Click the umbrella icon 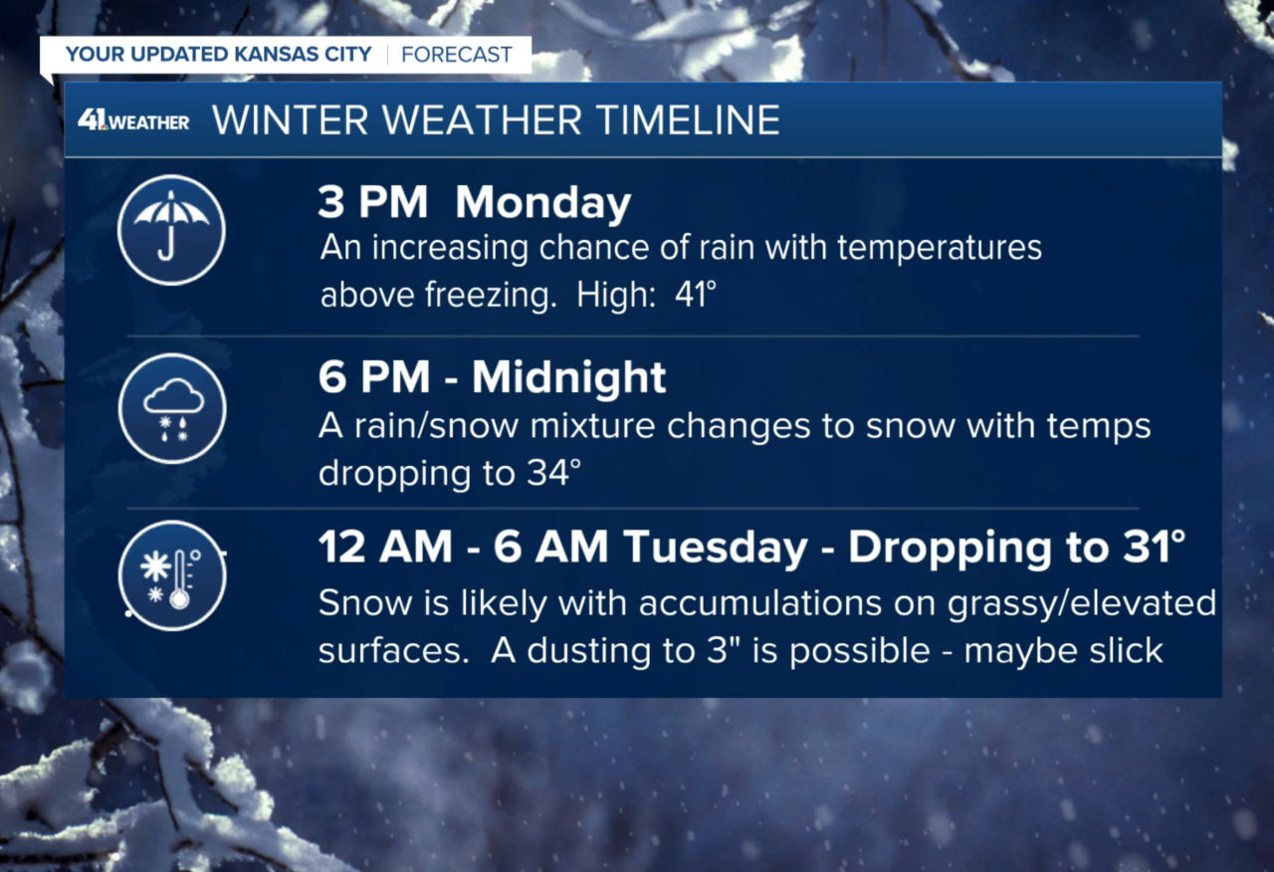[x=171, y=230]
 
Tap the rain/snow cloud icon [x=171, y=408]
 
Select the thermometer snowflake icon [x=171, y=576]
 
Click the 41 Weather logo [x=133, y=121]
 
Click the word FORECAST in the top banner [x=457, y=54]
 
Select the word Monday [x=542, y=204]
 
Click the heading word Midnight [x=568, y=378]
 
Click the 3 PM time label [x=372, y=204]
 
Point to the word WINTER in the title [x=290, y=120]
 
